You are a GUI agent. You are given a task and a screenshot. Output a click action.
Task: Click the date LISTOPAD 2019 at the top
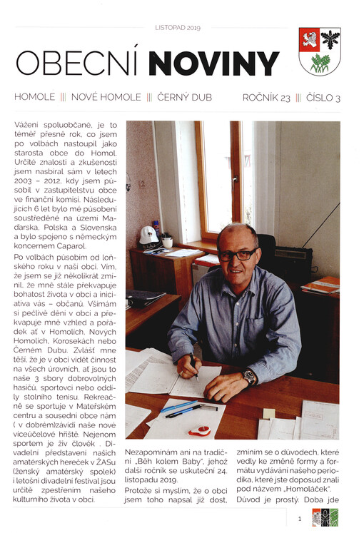tap(178, 28)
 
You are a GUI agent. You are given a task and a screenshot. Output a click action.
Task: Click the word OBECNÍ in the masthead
tap(79, 64)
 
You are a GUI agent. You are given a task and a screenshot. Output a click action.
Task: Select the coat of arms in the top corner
tap(319, 51)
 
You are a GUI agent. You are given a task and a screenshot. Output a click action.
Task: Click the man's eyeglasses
tap(237, 254)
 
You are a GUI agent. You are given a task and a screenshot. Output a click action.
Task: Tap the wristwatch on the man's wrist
tap(250, 376)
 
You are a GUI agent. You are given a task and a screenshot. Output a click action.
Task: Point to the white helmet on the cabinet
tap(148, 235)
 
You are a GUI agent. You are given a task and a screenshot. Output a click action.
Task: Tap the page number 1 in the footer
tap(300, 518)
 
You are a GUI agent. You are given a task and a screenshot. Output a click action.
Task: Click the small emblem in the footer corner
tap(324, 518)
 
